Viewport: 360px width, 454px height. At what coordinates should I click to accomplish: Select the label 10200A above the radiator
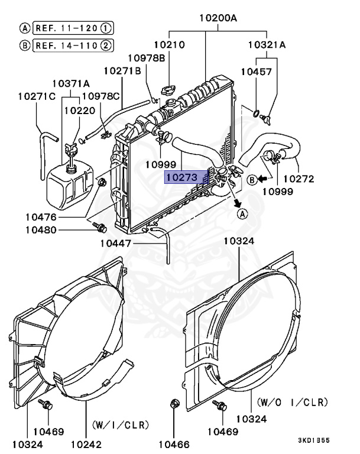point(218,18)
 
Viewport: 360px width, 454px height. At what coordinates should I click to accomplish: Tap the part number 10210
point(170,44)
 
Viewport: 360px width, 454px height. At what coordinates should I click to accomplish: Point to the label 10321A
point(266,44)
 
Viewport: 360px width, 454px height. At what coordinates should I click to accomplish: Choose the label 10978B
point(146,57)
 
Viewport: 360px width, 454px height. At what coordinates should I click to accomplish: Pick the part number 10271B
point(122,70)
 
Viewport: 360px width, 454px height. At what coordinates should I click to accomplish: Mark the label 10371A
point(70,83)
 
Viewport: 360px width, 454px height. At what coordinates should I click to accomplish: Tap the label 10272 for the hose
point(299,179)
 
